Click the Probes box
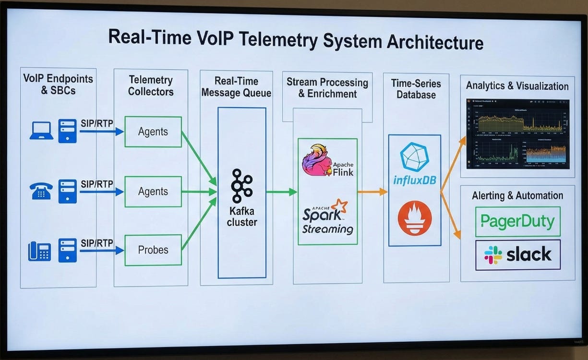[153, 250]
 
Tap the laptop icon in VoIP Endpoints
[41, 131]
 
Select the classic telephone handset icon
[41, 191]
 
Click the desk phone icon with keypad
[39, 252]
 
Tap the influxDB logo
[414, 165]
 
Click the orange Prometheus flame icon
[414, 218]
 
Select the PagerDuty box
[517, 222]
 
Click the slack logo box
[517, 255]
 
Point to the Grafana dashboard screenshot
[517, 133]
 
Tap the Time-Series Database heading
[416, 88]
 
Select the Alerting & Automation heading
[517, 195]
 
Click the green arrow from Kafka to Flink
[282, 192]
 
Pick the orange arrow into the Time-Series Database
[372, 192]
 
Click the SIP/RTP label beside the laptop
[97, 123]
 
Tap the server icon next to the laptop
[68, 131]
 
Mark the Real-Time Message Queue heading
[236, 87]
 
